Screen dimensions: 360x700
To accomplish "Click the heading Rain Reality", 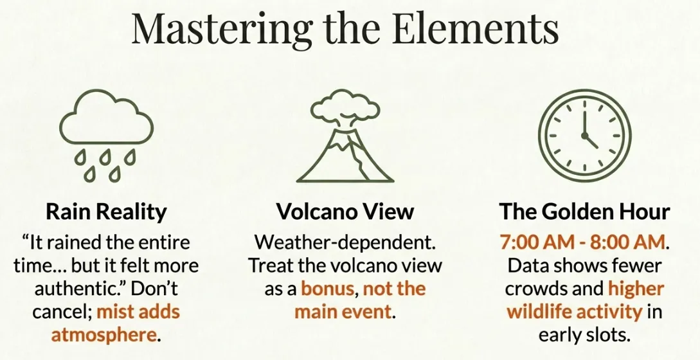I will point(106,212).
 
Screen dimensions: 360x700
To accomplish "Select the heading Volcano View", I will point(345,212).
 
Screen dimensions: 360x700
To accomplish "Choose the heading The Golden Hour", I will point(584,212).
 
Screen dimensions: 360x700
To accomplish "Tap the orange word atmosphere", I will point(103,335).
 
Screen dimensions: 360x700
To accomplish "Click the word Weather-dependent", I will point(345,243).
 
